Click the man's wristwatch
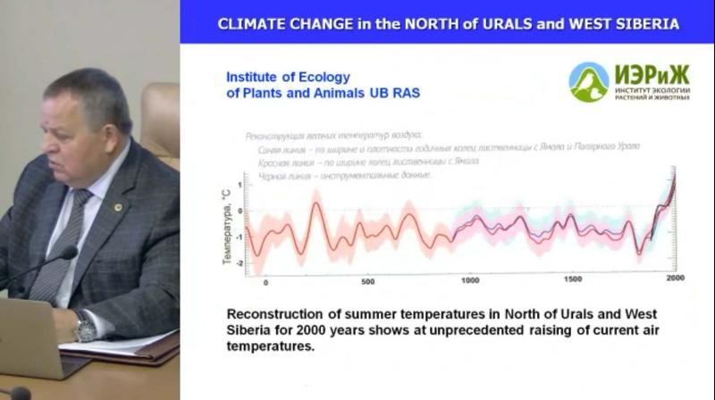pyautogui.click(x=85, y=328)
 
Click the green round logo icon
pyautogui.click(x=589, y=82)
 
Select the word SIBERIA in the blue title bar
pyautogui.click(x=640, y=24)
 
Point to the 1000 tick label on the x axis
pyautogui.click(x=469, y=281)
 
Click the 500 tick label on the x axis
pyautogui.click(x=367, y=281)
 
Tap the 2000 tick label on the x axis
pyautogui.click(x=675, y=280)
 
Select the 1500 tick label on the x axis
pyautogui.click(x=572, y=281)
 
